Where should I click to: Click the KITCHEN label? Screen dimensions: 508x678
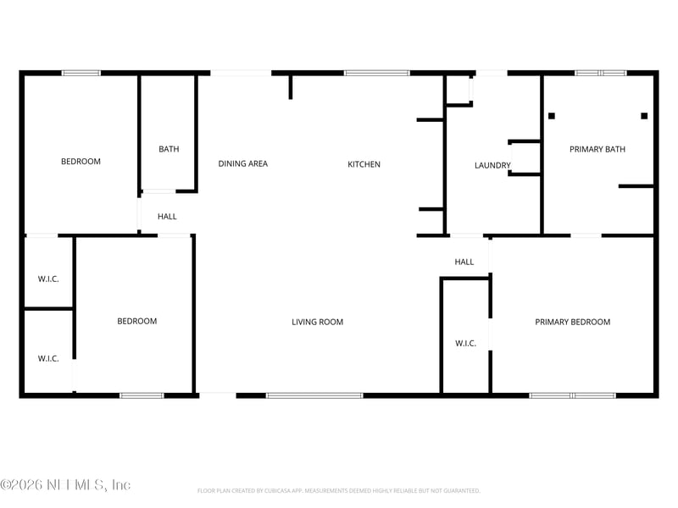pos(364,164)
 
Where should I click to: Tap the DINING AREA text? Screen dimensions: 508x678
pos(243,164)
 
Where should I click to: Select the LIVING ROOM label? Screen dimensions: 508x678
pos(318,322)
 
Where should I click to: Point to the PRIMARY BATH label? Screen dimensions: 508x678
pos(597,150)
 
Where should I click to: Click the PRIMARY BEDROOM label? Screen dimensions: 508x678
pos(573,322)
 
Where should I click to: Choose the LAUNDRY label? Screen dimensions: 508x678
pos(492,166)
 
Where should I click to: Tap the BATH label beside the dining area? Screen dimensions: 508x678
pos(169,150)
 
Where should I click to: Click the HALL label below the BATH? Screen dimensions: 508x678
pos(167,217)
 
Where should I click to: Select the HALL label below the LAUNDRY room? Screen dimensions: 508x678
pos(464,262)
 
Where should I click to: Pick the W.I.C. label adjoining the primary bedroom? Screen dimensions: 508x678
pos(465,343)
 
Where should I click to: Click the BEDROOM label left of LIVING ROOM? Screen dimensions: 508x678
pos(136,321)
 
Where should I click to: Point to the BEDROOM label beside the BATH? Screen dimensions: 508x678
pos(81,162)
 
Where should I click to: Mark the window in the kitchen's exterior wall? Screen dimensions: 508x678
pos(376,74)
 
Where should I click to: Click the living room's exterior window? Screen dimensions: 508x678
pos(314,395)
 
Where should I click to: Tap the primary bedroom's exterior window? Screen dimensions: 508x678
pos(572,395)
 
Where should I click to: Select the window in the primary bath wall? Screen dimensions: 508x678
pos(601,74)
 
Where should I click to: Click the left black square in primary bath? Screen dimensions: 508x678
pos(552,116)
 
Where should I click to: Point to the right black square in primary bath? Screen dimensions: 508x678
pos(644,116)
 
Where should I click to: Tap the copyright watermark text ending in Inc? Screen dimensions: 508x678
pos(65,485)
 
